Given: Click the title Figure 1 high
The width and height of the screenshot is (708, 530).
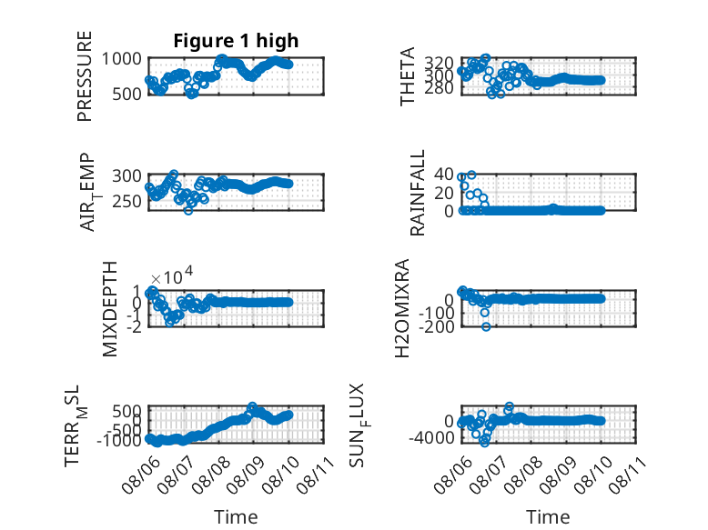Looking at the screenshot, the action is [236, 41].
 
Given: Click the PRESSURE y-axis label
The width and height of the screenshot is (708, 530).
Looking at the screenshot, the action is [85, 76].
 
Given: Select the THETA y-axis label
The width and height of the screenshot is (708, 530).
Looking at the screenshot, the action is [408, 76].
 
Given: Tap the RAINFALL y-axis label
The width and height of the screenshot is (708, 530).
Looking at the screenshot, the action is [417, 193].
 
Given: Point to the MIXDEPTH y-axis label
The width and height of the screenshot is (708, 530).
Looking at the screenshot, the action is [110, 309].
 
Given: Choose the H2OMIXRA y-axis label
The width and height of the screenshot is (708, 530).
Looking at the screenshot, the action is [402, 308].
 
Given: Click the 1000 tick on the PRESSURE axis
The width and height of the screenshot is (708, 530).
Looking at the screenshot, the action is [121, 59].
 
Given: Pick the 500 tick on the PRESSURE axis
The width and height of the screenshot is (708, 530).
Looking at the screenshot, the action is [126, 94].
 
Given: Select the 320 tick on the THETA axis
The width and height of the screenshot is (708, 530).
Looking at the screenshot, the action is [439, 63].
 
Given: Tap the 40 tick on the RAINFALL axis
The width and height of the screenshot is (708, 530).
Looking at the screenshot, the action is [444, 175].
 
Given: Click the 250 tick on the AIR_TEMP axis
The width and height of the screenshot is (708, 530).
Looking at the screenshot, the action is [126, 201].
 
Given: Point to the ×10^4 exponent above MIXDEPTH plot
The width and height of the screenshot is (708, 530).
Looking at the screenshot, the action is [172, 275].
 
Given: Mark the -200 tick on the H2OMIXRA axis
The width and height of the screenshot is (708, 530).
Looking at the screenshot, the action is [437, 326].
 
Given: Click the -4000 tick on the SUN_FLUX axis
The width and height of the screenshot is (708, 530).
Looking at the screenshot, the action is [431, 437].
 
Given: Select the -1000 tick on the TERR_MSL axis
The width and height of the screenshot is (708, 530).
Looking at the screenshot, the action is [119, 440].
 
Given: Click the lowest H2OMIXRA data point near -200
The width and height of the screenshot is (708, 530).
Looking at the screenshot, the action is [486, 326].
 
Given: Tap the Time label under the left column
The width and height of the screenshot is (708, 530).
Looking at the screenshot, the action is [236, 516].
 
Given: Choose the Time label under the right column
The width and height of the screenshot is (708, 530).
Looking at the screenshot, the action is [548, 516].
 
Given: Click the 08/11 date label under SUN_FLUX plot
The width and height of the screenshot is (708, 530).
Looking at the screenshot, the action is [627, 474].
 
